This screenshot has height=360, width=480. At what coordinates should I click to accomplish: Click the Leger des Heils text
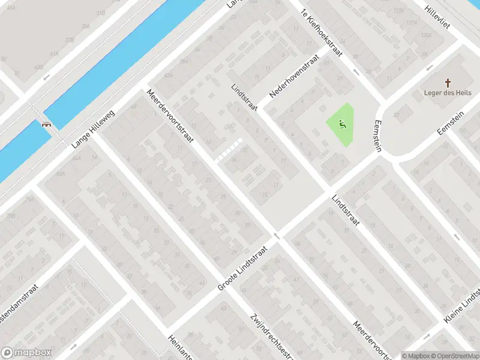click(x=448, y=93)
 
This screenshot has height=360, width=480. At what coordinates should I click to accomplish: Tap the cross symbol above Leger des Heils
click(x=448, y=82)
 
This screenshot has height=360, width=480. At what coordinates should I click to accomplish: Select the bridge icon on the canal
click(x=46, y=125)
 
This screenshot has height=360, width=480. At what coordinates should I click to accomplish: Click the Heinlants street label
click(x=180, y=347)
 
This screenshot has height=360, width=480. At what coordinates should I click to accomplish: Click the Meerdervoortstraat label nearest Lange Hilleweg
click(x=170, y=116)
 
